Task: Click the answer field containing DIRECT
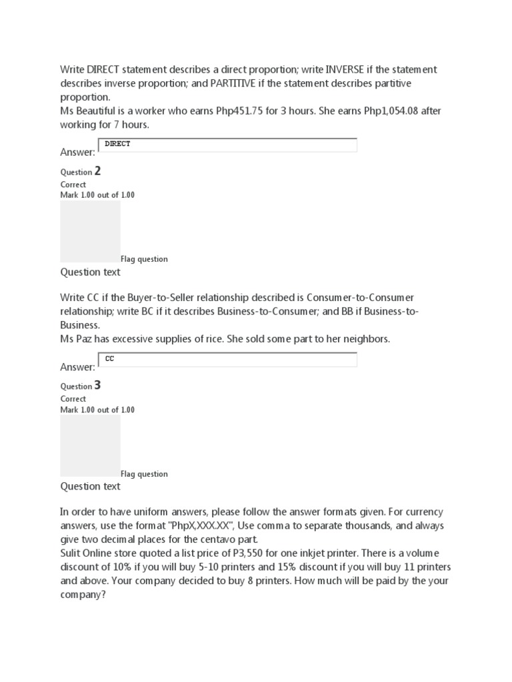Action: coord(227,145)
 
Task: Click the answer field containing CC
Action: coord(227,360)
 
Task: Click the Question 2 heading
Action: coord(81,171)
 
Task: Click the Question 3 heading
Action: coord(81,386)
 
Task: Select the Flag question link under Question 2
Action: coord(144,259)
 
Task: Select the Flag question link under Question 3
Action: coord(144,474)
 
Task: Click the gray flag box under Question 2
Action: coord(90,231)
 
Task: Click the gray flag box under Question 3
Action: coord(90,446)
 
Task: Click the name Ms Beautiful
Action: coord(90,112)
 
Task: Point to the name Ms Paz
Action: coord(77,339)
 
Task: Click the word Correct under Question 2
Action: coord(73,184)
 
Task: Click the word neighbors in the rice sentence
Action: coord(365,339)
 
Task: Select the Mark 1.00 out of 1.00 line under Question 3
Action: coord(97,410)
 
